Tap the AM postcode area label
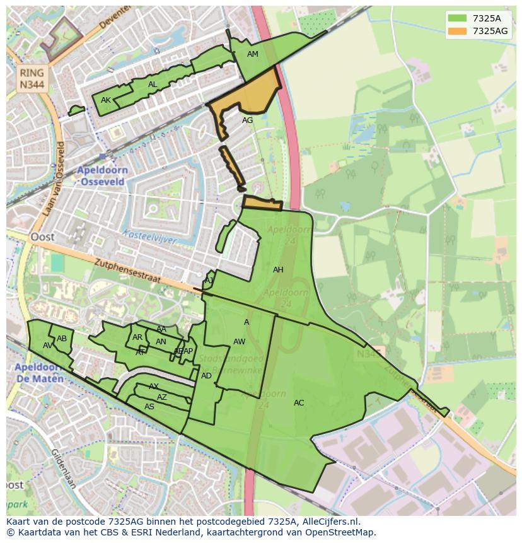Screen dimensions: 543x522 253,54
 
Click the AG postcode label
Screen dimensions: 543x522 247,120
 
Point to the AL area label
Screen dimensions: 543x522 153,85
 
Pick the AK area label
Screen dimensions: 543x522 106,100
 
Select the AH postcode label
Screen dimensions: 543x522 278,270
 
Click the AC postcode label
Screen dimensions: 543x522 299,403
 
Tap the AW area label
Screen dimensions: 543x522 239,342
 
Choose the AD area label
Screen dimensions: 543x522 206,376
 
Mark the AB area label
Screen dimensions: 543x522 62,339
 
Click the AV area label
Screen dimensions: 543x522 48,346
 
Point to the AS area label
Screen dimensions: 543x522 149,407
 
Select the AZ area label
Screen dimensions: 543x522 162,397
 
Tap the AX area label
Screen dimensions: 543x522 154,387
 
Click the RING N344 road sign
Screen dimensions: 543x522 32,79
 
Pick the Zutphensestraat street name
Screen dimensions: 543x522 130,269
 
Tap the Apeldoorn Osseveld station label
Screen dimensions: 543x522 102,176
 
